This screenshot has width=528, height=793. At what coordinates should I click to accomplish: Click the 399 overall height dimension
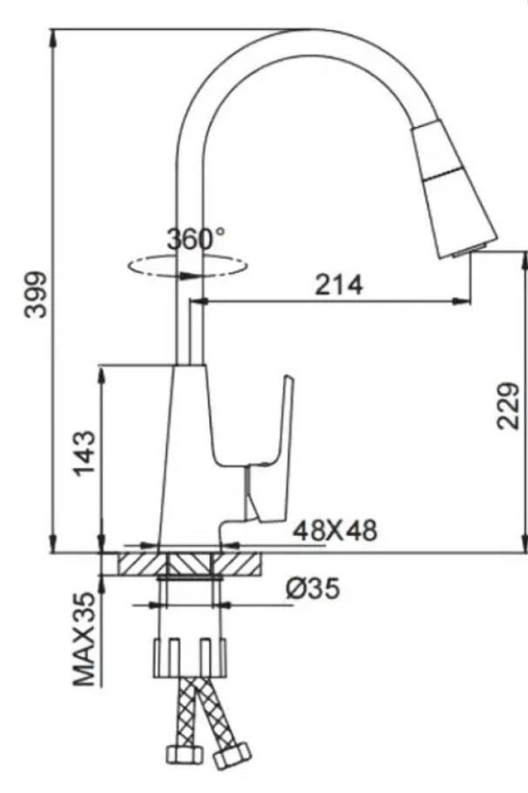[35, 294]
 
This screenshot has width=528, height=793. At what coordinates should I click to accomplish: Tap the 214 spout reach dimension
[338, 285]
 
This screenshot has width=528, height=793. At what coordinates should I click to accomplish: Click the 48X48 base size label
[334, 531]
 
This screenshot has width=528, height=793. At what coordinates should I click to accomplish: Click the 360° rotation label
[196, 239]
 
